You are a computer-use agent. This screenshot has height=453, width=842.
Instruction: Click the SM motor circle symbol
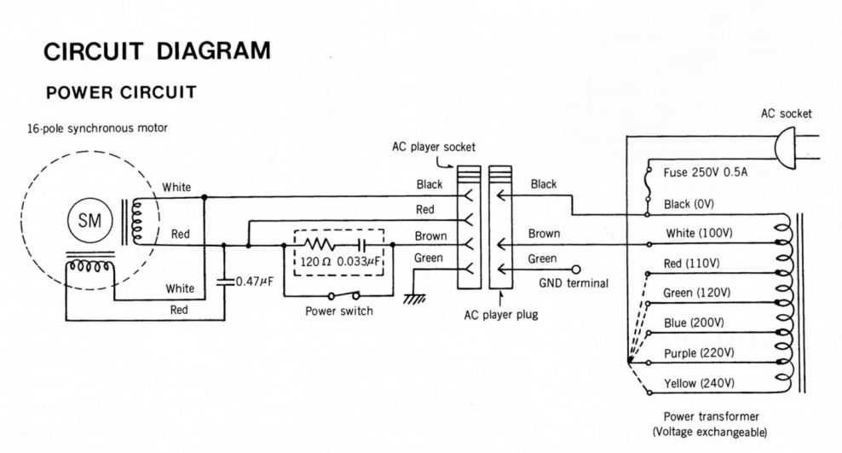(89, 220)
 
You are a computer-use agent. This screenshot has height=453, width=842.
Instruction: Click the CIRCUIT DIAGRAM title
(158, 51)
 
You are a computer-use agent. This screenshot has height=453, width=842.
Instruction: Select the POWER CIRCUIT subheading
(121, 92)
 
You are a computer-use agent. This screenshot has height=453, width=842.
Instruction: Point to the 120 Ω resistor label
(319, 261)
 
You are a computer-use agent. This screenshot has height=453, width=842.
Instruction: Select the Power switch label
(338, 311)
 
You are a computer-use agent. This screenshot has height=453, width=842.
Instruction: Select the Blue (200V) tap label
(694, 322)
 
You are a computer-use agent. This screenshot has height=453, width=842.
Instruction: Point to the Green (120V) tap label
(697, 293)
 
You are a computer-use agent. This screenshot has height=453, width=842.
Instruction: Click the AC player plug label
(500, 314)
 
